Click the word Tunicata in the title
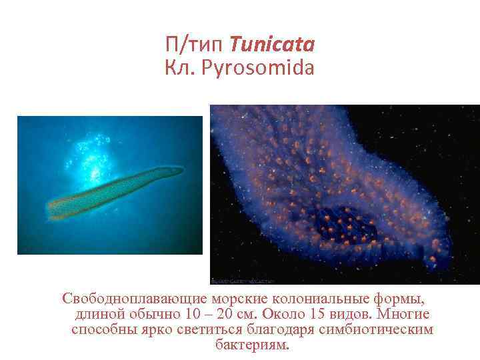[x=272, y=45]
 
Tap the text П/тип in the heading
[x=195, y=45]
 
